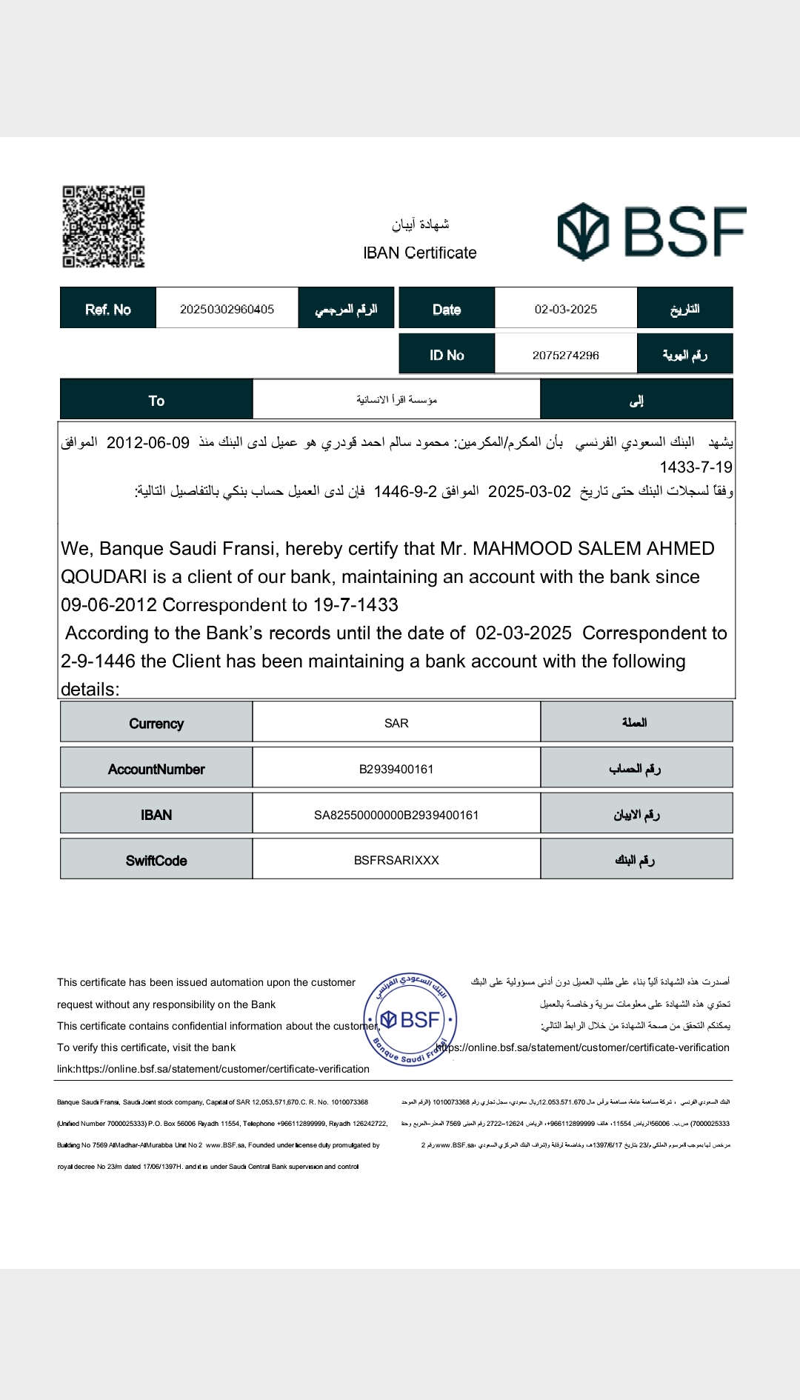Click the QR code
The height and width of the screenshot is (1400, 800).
pyautogui.click(x=103, y=227)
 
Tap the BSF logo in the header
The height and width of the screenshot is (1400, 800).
pyautogui.click(x=651, y=232)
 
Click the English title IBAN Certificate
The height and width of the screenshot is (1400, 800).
pyautogui.click(x=419, y=253)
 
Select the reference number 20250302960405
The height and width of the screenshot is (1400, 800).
pyautogui.click(x=227, y=309)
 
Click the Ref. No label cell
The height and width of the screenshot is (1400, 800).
pyautogui.click(x=108, y=309)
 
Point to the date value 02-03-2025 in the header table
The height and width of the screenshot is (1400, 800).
pyautogui.click(x=565, y=309)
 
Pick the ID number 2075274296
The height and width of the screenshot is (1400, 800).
pyautogui.click(x=565, y=355)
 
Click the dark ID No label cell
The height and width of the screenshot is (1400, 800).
pyautogui.click(x=447, y=355)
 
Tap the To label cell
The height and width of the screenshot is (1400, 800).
pyautogui.click(x=156, y=400)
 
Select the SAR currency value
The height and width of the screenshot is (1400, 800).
pyautogui.click(x=396, y=723)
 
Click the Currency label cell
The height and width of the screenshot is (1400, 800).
pyautogui.click(x=156, y=723)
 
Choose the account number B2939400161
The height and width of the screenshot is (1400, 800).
pyautogui.click(x=396, y=769)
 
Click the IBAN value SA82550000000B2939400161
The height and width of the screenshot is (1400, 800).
pyautogui.click(x=396, y=815)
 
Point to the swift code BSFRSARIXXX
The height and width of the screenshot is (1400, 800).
pyautogui.click(x=396, y=860)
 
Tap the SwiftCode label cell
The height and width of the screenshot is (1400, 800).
pyautogui.click(x=156, y=860)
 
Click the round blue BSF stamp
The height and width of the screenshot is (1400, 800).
pyautogui.click(x=410, y=1020)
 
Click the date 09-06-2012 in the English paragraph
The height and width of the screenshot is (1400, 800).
pyautogui.click(x=109, y=605)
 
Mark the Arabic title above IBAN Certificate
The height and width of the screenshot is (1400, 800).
pyautogui.click(x=420, y=224)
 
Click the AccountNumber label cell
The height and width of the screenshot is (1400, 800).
pyautogui.click(x=156, y=769)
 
